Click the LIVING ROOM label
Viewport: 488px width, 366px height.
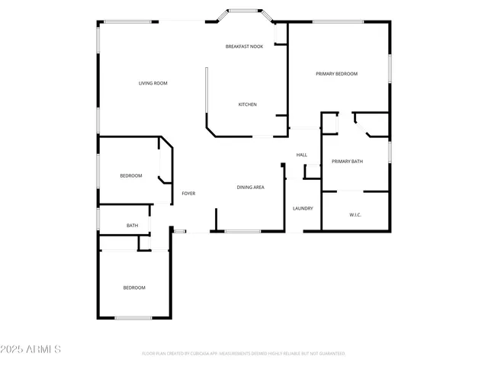tap(152, 83)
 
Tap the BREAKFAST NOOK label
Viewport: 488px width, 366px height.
tap(244, 47)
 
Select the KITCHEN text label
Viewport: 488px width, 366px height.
tap(247, 104)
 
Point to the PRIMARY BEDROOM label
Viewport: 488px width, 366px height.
tap(336, 74)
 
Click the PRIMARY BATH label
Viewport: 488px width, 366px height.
tap(347, 162)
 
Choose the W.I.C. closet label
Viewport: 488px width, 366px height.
tap(355, 215)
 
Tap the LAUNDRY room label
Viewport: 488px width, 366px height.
tap(303, 208)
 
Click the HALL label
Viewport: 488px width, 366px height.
tap(301, 156)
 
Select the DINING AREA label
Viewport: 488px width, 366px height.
tap(250, 187)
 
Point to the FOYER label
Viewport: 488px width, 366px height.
tap(188, 194)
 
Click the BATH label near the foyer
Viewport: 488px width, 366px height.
tap(132, 226)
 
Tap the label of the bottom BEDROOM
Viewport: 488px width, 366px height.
tap(134, 287)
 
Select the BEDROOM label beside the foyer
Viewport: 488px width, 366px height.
tap(130, 176)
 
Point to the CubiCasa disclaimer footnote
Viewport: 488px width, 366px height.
tap(244, 354)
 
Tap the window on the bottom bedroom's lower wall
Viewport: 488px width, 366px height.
tap(133, 318)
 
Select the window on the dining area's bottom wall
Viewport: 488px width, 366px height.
tap(242, 231)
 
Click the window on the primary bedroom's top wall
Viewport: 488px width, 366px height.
tap(338, 21)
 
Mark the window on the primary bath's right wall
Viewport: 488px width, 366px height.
tap(390, 152)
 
